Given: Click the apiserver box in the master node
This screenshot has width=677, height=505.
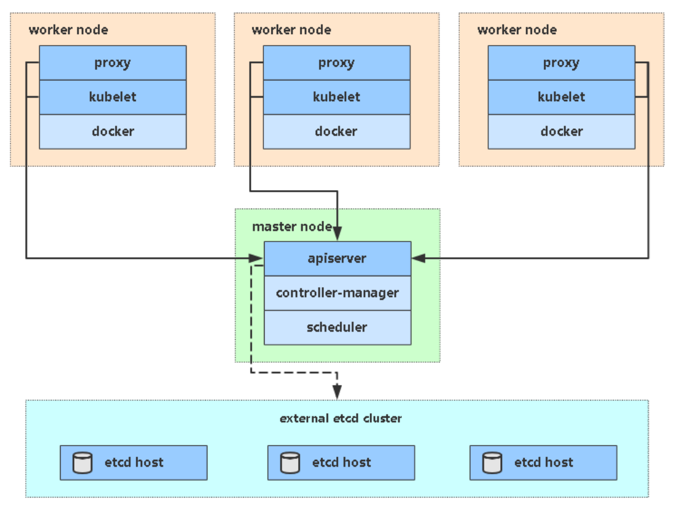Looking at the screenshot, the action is (337, 258).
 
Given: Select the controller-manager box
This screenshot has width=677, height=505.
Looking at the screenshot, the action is (337, 293).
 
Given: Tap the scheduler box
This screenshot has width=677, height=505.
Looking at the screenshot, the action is (337, 328).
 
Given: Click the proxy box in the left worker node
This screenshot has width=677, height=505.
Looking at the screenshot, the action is (113, 62).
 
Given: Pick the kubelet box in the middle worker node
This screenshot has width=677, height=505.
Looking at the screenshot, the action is (337, 97).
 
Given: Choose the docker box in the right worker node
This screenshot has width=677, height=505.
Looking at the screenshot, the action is (561, 132).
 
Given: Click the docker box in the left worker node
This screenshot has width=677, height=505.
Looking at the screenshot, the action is (113, 132).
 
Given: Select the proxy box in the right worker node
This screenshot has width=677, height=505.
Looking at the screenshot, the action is (561, 62).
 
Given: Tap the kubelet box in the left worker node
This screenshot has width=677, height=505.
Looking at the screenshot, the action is (113, 97).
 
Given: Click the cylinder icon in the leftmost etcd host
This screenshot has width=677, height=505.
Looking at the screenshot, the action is (83, 463).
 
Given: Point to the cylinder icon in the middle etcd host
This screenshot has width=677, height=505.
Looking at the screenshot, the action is (290, 463).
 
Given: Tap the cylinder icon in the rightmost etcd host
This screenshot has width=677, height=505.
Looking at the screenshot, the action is (492, 463).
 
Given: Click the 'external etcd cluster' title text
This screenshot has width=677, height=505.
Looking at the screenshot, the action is (341, 418).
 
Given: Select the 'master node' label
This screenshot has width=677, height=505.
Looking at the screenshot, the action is (292, 226).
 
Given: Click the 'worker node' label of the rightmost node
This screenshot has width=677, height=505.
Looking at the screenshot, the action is (517, 30).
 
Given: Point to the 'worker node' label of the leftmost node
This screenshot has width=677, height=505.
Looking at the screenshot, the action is (68, 30).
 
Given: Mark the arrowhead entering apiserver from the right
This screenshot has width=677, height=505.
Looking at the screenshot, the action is (419, 258).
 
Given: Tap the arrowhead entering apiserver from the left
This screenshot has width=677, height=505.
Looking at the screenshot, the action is (256, 258).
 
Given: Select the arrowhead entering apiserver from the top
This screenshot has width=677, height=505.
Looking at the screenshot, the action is (337, 233).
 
